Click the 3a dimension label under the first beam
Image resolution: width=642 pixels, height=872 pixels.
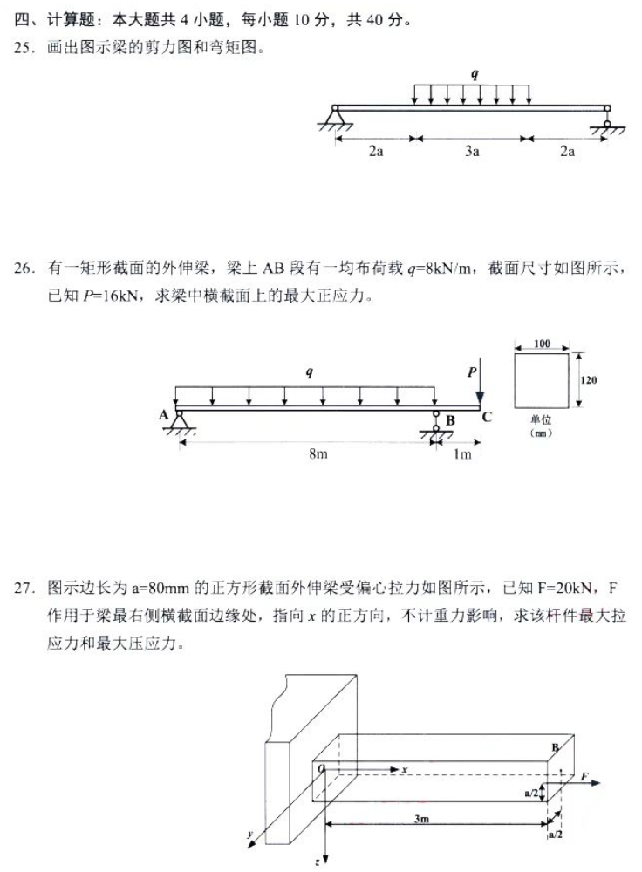[472, 152]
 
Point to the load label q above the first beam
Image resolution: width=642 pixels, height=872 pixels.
[475, 75]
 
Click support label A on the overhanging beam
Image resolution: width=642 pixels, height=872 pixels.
[163, 416]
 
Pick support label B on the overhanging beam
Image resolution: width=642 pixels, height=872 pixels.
[450, 421]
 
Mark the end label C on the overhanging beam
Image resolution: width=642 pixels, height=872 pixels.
[487, 417]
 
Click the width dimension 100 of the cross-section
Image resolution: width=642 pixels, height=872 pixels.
[542, 344]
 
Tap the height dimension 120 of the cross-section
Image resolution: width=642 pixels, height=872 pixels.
[589, 380]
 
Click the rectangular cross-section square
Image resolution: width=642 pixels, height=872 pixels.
[542, 380]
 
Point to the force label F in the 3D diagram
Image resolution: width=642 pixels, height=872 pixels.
[585, 775]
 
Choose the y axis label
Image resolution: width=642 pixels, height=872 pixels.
[250, 835]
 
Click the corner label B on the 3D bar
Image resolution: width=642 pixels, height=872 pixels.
[555, 747]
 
